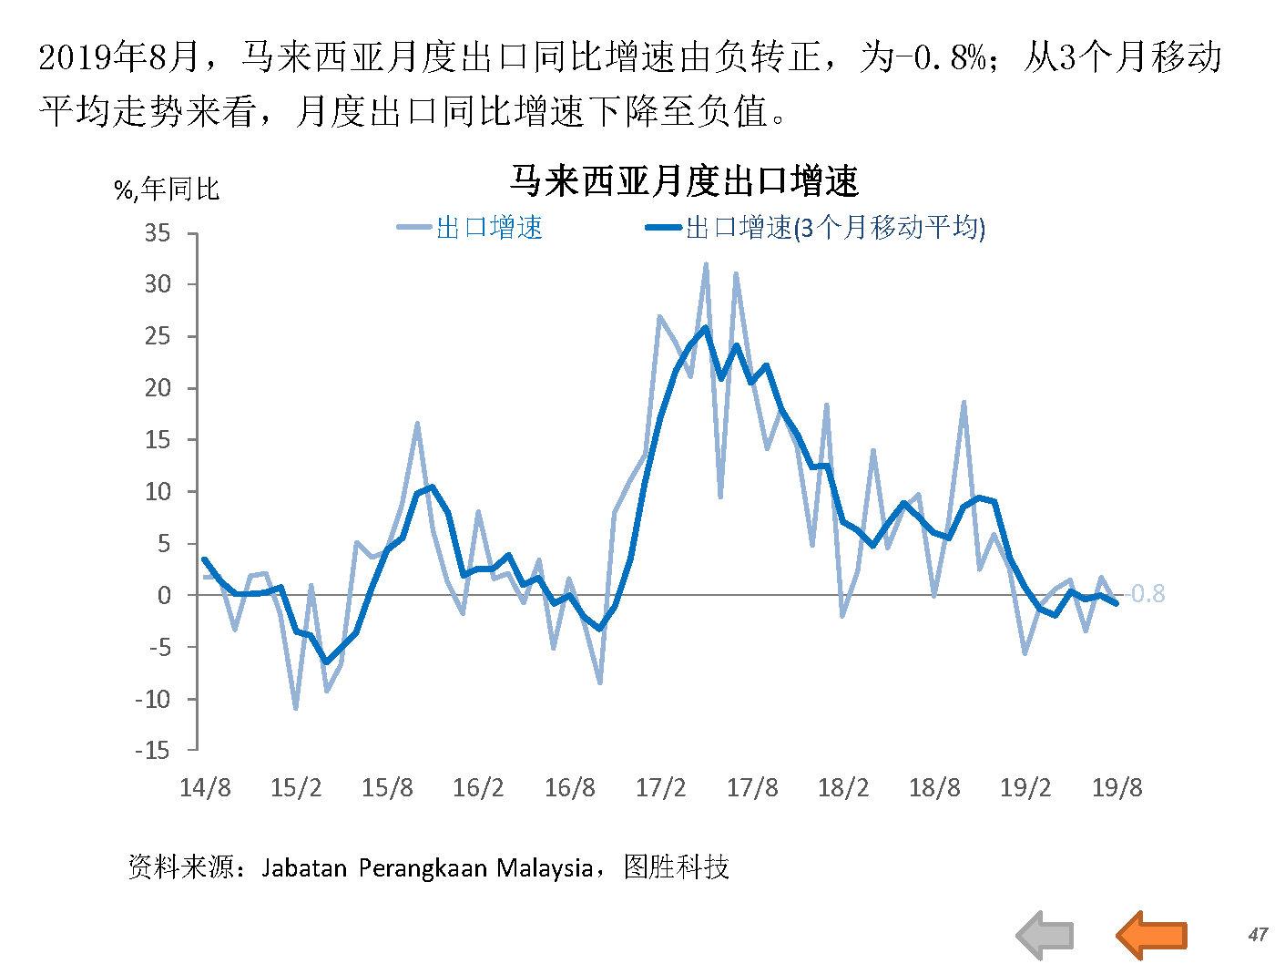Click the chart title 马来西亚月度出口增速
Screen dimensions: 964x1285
point(684,181)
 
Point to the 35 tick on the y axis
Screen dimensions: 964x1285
point(158,233)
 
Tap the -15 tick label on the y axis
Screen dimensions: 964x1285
point(152,750)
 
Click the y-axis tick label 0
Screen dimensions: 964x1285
point(164,595)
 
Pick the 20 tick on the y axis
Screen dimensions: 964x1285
point(158,388)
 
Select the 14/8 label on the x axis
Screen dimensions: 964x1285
point(205,787)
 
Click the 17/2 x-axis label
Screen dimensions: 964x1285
point(660,787)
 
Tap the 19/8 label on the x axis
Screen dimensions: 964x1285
point(1117,787)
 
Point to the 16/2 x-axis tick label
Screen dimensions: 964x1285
point(478,787)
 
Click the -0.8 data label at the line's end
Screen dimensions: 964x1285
point(1147,594)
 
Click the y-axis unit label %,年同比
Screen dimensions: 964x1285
point(167,190)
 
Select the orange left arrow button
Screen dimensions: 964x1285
point(1151,934)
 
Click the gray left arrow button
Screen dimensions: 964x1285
point(1045,934)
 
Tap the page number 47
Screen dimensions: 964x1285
point(1258,934)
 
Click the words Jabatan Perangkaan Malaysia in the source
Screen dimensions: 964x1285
point(427,867)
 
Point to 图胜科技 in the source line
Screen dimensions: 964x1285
point(677,867)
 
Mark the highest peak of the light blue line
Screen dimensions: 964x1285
point(706,264)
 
